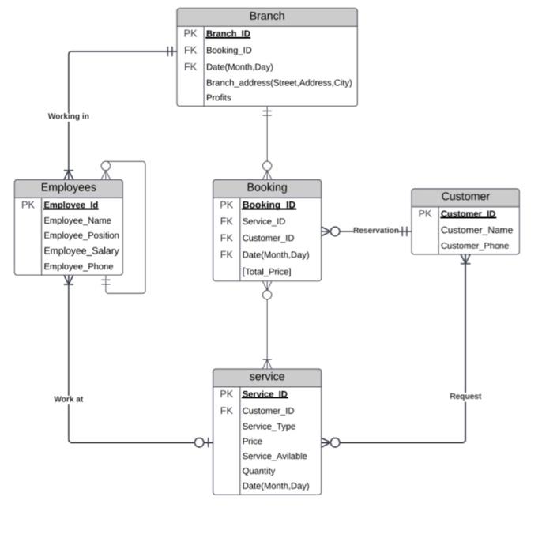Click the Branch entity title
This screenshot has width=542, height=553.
point(266,16)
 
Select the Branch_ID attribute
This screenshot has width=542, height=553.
point(228,34)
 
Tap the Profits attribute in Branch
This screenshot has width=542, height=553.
point(218,98)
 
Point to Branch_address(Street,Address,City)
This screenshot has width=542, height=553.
point(278,82)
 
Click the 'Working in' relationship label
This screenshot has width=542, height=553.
point(69,116)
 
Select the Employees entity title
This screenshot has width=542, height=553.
point(69,187)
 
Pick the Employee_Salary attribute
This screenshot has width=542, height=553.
point(81,251)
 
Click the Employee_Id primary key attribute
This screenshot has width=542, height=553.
point(70,205)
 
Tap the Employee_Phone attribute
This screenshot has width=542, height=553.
point(78,267)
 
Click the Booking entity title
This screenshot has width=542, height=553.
point(267,187)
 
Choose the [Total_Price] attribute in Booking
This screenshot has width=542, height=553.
point(266,271)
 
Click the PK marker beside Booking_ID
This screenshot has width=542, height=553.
point(227,205)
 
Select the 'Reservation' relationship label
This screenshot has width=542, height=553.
point(375,231)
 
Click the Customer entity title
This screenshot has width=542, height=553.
point(465,196)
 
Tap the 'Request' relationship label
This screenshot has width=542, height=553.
point(465,396)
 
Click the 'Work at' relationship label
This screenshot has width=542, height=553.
point(69,399)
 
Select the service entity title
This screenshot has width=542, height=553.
point(267,377)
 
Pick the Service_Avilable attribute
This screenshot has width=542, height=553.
point(274,456)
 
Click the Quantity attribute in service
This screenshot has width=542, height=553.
point(258,471)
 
